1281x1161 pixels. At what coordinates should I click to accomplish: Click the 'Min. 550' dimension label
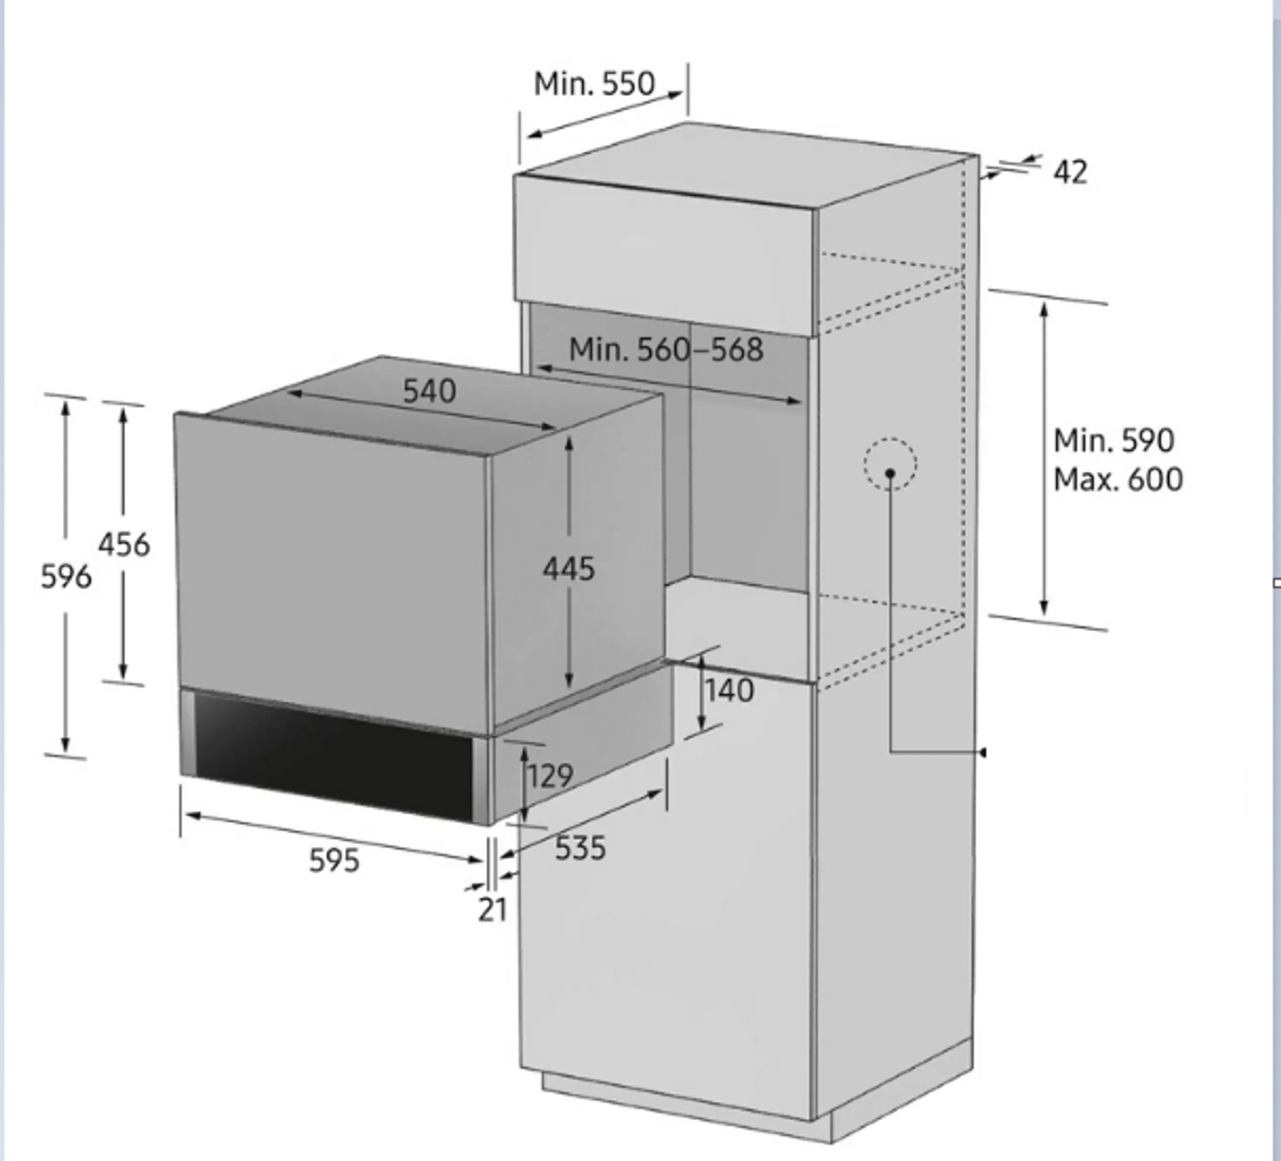pos(594,84)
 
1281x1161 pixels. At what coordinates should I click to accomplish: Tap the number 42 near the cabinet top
pos(1070,172)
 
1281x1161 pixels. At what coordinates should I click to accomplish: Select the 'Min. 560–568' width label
pos(665,349)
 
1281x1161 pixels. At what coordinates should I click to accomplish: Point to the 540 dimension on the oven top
pos(429,392)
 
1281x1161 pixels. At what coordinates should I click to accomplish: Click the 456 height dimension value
pos(124,545)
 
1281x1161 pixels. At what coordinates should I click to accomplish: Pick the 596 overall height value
pos(66,577)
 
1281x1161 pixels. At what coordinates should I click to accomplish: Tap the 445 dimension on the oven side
pos(569,569)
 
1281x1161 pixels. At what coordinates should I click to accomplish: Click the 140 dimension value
pos(729,690)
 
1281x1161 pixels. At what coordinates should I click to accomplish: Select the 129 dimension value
pos(550,775)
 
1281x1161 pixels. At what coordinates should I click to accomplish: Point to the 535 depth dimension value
pos(580,848)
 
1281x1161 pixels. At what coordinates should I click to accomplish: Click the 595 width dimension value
pos(334,861)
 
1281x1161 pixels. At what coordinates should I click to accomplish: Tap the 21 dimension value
pos(492,911)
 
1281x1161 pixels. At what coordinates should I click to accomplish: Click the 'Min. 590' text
pos(1113,440)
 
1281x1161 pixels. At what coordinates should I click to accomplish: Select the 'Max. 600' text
pos(1118,480)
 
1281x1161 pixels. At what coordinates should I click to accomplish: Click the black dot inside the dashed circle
pos(890,473)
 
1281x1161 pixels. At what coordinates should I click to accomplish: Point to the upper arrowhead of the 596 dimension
pos(65,407)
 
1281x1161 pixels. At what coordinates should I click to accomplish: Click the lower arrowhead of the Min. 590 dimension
pos(1043,609)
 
